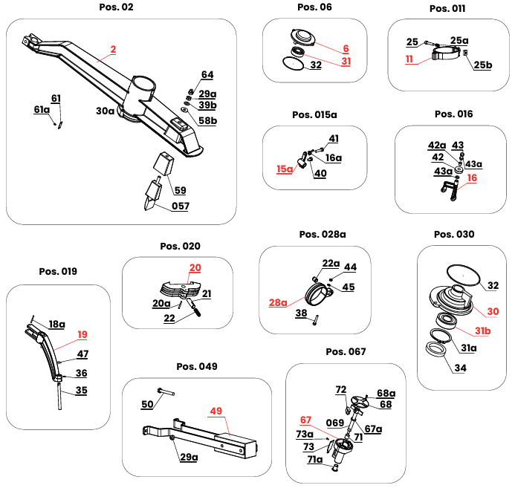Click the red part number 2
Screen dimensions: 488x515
click(x=113, y=51)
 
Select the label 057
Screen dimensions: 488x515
click(x=181, y=206)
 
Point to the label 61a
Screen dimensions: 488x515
click(x=42, y=109)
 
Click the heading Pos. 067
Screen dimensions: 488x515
click(x=346, y=351)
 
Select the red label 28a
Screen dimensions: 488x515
click(x=277, y=303)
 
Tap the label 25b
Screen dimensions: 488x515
click(x=483, y=65)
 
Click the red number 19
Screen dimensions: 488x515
click(x=82, y=335)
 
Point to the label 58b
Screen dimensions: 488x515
click(x=208, y=120)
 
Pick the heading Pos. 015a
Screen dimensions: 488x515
click(x=314, y=114)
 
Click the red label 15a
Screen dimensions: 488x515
click(x=285, y=169)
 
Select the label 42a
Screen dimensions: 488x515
click(x=437, y=145)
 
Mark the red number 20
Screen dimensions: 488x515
click(x=195, y=267)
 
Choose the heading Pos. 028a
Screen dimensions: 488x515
click(x=323, y=234)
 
